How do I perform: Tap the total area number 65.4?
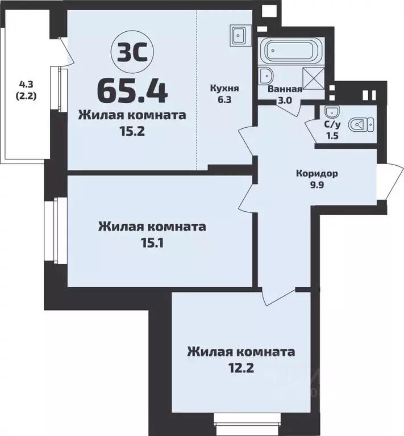coord(132,88)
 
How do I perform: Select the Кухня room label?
coord(223,89)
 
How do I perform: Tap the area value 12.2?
coord(241,367)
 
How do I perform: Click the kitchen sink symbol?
coord(239,35)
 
